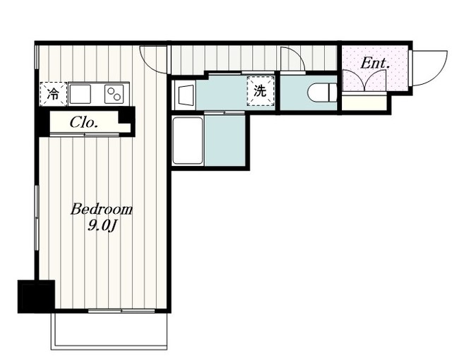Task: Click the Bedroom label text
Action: [x=102, y=210]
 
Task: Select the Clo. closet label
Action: [x=83, y=123]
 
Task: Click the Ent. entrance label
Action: [x=375, y=64]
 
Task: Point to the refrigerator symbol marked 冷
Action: [x=54, y=94]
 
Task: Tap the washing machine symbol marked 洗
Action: [x=260, y=91]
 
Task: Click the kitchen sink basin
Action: [x=80, y=94]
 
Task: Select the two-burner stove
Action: [x=114, y=94]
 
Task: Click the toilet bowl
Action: [x=322, y=92]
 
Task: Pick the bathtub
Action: [x=188, y=141]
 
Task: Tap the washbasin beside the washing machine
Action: [x=184, y=95]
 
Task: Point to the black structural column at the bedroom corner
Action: [x=36, y=296]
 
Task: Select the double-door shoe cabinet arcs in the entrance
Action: [x=364, y=80]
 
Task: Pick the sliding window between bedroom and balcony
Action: [x=121, y=311]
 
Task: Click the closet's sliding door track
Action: [x=85, y=135]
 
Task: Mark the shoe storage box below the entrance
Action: [x=364, y=102]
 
